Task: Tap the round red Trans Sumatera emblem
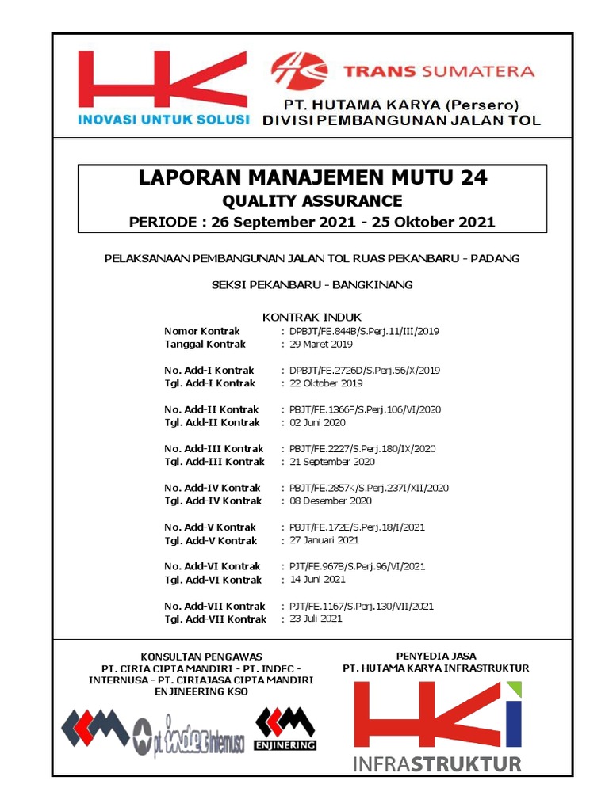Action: point(300,71)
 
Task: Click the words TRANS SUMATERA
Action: point(439,71)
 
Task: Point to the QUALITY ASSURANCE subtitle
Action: point(312,201)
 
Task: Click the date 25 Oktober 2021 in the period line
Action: point(435,222)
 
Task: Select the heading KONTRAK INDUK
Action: point(312,317)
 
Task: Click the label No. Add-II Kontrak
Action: point(211,409)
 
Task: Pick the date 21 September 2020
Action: point(332,462)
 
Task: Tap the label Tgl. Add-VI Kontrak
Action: point(213,580)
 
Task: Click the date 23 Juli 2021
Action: point(316,619)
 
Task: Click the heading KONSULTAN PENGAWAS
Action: point(201,657)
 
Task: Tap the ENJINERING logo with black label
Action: point(285,729)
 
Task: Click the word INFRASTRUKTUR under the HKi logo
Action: point(438,764)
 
